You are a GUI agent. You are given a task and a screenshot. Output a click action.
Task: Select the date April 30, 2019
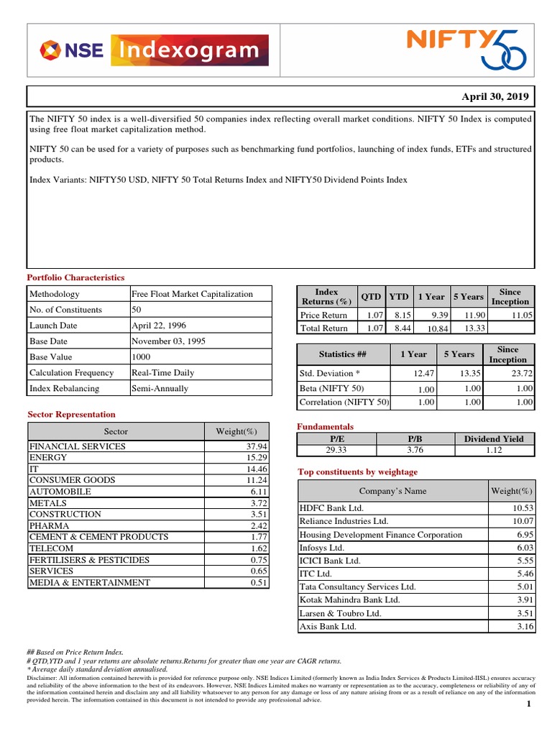pos(494,96)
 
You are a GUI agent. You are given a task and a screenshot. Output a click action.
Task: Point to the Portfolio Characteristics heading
pos(75,277)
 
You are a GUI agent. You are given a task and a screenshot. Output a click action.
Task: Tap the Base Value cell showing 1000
pos(142,357)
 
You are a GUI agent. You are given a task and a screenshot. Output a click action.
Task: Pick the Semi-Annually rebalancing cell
pos(160,389)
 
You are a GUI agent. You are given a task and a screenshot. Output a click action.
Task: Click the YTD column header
pos(398,297)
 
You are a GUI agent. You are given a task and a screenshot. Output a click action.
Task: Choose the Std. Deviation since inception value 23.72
pos(520,374)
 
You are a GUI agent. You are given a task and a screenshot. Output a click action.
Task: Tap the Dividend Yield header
pos(494,438)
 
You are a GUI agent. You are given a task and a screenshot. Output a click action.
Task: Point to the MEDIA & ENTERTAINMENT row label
pos(90,583)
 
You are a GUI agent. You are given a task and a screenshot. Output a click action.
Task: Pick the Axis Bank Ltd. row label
pos(328,627)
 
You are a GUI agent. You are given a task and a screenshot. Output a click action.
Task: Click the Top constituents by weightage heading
pos(357,471)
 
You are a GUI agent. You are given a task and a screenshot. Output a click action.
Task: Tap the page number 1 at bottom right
pos(528,704)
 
